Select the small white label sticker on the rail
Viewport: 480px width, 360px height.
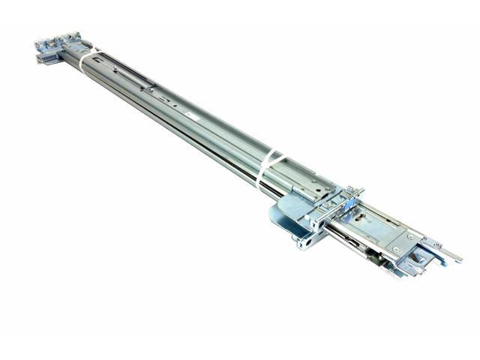(x=193, y=118)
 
